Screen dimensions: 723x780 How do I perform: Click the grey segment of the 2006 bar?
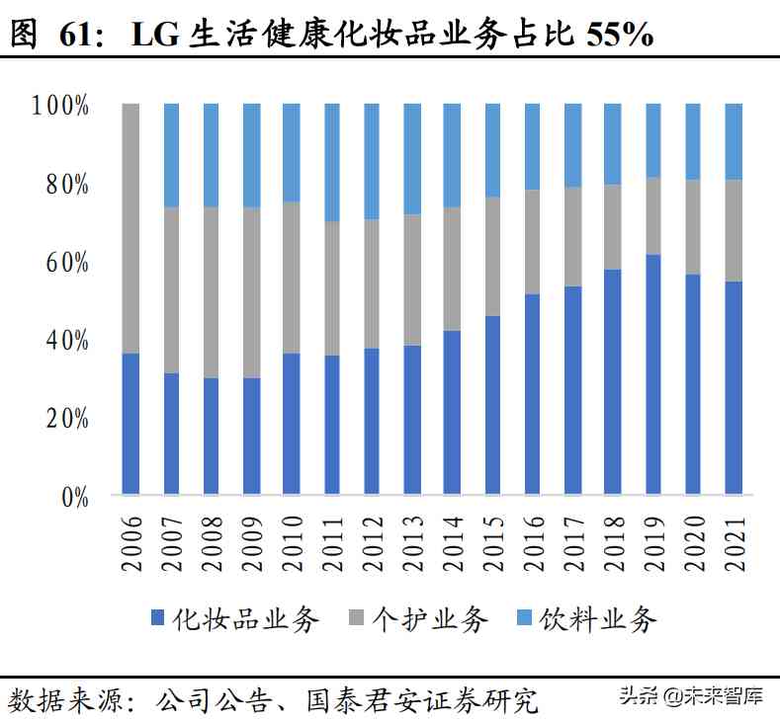point(130,227)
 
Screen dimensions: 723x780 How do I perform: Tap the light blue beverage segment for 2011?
point(332,161)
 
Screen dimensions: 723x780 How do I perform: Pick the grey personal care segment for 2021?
point(733,230)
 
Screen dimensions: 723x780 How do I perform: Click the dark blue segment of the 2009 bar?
point(252,435)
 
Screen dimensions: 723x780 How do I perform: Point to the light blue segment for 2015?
point(492,150)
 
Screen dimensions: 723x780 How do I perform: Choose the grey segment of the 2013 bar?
point(412,280)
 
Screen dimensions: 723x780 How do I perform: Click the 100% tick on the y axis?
point(60,105)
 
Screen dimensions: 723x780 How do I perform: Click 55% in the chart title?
point(619,35)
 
